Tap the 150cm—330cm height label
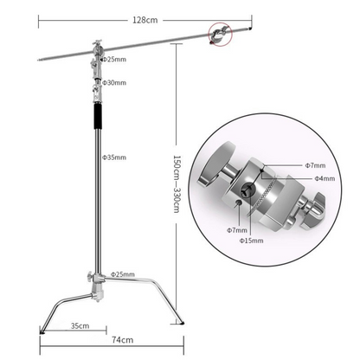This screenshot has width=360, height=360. [176, 185]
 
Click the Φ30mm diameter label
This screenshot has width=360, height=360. [114, 83]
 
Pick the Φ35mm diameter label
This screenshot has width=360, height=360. [114, 157]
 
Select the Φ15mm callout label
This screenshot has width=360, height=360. [250, 241]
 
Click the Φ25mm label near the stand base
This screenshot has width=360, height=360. [123, 274]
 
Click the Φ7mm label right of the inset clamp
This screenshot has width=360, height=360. [314, 164]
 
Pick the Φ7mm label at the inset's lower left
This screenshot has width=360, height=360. [238, 230]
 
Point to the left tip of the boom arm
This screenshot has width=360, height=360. [42, 61]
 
